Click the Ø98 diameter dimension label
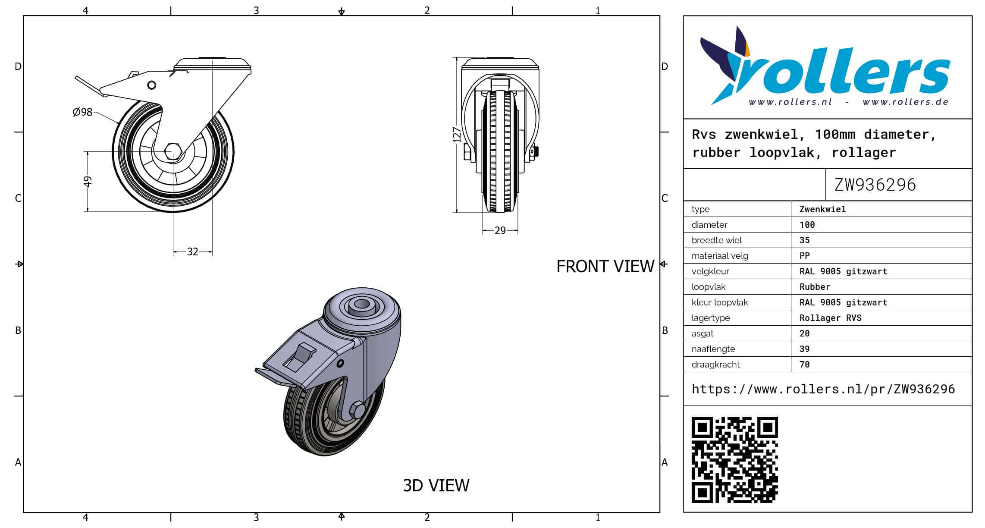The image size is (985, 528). click(x=82, y=112)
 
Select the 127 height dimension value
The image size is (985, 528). click(x=457, y=135)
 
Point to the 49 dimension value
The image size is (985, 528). click(x=88, y=181)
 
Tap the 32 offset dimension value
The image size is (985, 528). click(x=193, y=251)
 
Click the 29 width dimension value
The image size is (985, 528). click(x=500, y=231)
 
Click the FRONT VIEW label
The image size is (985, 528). click(x=605, y=267)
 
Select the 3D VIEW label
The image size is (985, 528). click(x=436, y=486)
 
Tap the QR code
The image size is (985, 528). click(x=735, y=460)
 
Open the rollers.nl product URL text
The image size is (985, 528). click(x=823, y=389)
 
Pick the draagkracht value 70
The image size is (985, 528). click(x=804, y=365)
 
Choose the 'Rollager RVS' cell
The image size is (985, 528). click(x=830, y=318)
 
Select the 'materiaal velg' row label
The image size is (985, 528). click(x=720, y=256)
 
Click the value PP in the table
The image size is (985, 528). click(x=804, y=256)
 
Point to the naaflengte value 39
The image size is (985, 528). click(x=804, y=349)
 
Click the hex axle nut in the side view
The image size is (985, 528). click(x=173, y=152)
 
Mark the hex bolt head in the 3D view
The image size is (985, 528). click(x=357, y=410)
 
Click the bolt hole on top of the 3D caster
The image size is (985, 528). click(x=361, y=305)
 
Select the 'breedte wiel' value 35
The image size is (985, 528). click(x=804, y=240)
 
